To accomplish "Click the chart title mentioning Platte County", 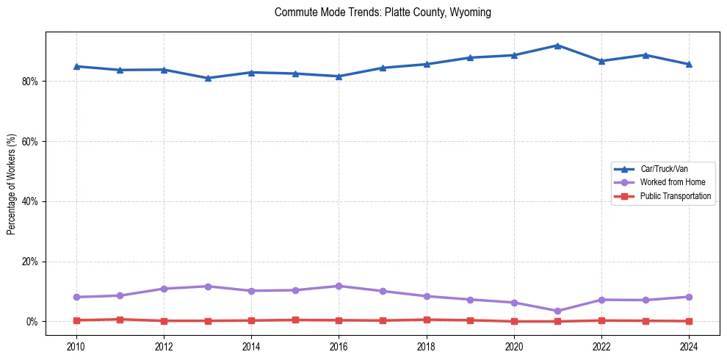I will pyautogui.click(x=383, y=12).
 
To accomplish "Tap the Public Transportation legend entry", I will pyautogui.click(x=675, y=196).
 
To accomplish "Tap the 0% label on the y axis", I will pyautogui.click(x=31, y=322).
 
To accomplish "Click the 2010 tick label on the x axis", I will pyautogui.click(x=76, y=345).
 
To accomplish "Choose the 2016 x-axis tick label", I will pyautogui.click(x=339, y=345).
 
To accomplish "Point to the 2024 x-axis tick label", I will pyautogui.click(x=689, y=345).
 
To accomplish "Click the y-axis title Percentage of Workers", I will pyautogui.click(x=12, y=184).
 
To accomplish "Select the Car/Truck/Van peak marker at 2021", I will pyautogui.click(x=557, y=46).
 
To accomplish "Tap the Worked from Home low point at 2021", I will pyautogui.click(x=557, y=311).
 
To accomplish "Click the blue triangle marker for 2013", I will pyautogui.click(x=208, y=78).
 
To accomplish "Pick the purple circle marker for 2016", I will pyautogui.click(x=339, y=286).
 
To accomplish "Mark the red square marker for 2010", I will pyautogui.click(x=76, y=320).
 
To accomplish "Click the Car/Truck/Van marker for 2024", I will pyautogui.click(x=689, y=64).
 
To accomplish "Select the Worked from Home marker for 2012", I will pyautogui.click(x=164, y=289).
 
